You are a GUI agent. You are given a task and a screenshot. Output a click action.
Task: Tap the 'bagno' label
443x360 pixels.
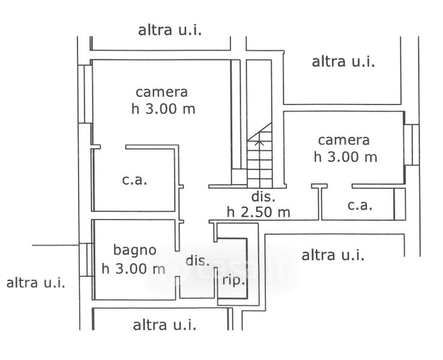coord(135,250)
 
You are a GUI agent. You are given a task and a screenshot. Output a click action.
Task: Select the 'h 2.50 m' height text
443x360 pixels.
coord(258,212)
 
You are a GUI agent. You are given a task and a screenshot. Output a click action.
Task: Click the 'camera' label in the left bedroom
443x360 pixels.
coord(161,92)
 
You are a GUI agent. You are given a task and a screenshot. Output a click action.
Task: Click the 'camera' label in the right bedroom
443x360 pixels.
coord(343,140)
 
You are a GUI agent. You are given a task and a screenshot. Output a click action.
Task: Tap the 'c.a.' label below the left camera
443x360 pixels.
coord(135,179)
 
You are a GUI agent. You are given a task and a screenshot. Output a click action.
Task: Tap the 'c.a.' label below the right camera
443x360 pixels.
coord(360,205)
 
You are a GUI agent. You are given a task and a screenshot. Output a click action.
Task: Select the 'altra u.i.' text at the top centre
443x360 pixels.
coord(170,30)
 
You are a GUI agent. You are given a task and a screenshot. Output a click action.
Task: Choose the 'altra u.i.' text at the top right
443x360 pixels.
coord(343,61)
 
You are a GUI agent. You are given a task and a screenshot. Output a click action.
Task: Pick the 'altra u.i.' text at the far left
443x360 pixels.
coord(35,283)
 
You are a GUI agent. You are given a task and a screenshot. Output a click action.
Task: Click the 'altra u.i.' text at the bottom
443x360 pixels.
coord(164,325)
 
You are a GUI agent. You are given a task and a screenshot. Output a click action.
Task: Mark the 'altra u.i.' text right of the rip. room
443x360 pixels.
coord(333,255)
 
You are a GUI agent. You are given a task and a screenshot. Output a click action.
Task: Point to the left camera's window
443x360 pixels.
coord(88,93)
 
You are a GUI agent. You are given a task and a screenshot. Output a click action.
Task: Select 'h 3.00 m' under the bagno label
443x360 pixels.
coord(133,268)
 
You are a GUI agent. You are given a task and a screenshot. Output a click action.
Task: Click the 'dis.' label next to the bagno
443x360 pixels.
coord(197,261)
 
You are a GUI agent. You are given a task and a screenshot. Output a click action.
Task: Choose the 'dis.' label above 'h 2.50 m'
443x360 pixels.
coord(263,197)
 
